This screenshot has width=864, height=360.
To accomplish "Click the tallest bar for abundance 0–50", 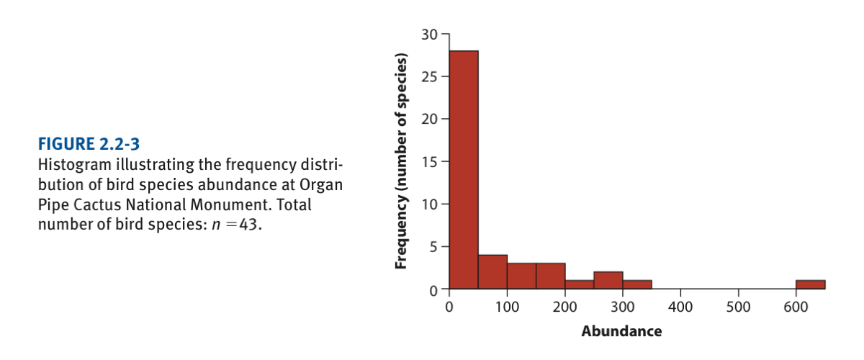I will click(464, 169).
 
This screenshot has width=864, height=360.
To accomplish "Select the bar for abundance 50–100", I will click(492, 271).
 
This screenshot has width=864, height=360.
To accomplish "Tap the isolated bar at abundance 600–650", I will click(810, 284).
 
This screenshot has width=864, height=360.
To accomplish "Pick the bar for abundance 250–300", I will click(608, 280).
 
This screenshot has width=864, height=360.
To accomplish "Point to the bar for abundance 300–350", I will click(636, 284).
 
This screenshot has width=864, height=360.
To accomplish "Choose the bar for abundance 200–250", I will click(579, 284).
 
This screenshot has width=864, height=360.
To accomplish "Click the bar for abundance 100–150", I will click(521, 276).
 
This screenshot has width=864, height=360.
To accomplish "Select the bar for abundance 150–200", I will click(550, 276).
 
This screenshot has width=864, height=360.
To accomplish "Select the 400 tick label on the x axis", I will click(680, 307).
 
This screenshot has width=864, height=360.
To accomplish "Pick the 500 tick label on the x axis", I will click(738, 307).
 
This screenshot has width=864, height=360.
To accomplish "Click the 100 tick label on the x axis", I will click(507, 307).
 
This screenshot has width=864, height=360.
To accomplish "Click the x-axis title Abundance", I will click(621, 332).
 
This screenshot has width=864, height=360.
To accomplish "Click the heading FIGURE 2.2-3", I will click(85, 141).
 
